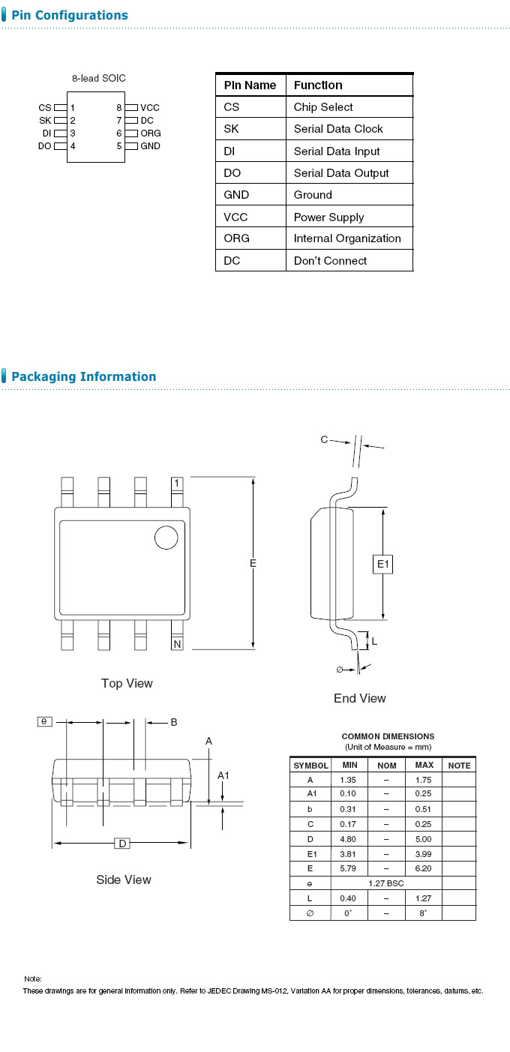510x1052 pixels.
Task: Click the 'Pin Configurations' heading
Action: [69, 15]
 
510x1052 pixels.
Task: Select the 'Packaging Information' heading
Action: [83, 376]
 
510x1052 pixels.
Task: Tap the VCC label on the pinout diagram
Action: [150, 108]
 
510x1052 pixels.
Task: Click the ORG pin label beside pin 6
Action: [151, 133]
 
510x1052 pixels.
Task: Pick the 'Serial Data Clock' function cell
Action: [338, 129]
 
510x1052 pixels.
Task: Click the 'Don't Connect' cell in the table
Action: [330, 261]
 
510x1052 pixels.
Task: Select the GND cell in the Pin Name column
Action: [236, 195]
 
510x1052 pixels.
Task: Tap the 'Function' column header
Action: [318, 85]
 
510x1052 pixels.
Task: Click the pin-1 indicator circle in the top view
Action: [166, 538]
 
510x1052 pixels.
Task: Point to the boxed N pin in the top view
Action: [177, 644]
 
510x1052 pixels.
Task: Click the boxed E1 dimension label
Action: [383, 564]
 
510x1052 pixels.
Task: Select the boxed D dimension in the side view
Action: [122, 844]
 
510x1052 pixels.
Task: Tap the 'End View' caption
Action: [360, 698]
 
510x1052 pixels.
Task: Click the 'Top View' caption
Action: [127, 683]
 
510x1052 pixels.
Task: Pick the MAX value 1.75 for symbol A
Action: [424, 780]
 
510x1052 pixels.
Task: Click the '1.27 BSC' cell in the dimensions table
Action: [385, 883]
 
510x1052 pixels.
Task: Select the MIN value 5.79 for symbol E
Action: [349, 868]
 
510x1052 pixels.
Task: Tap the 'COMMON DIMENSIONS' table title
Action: [388, 736]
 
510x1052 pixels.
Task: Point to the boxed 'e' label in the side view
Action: [45, 721]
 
